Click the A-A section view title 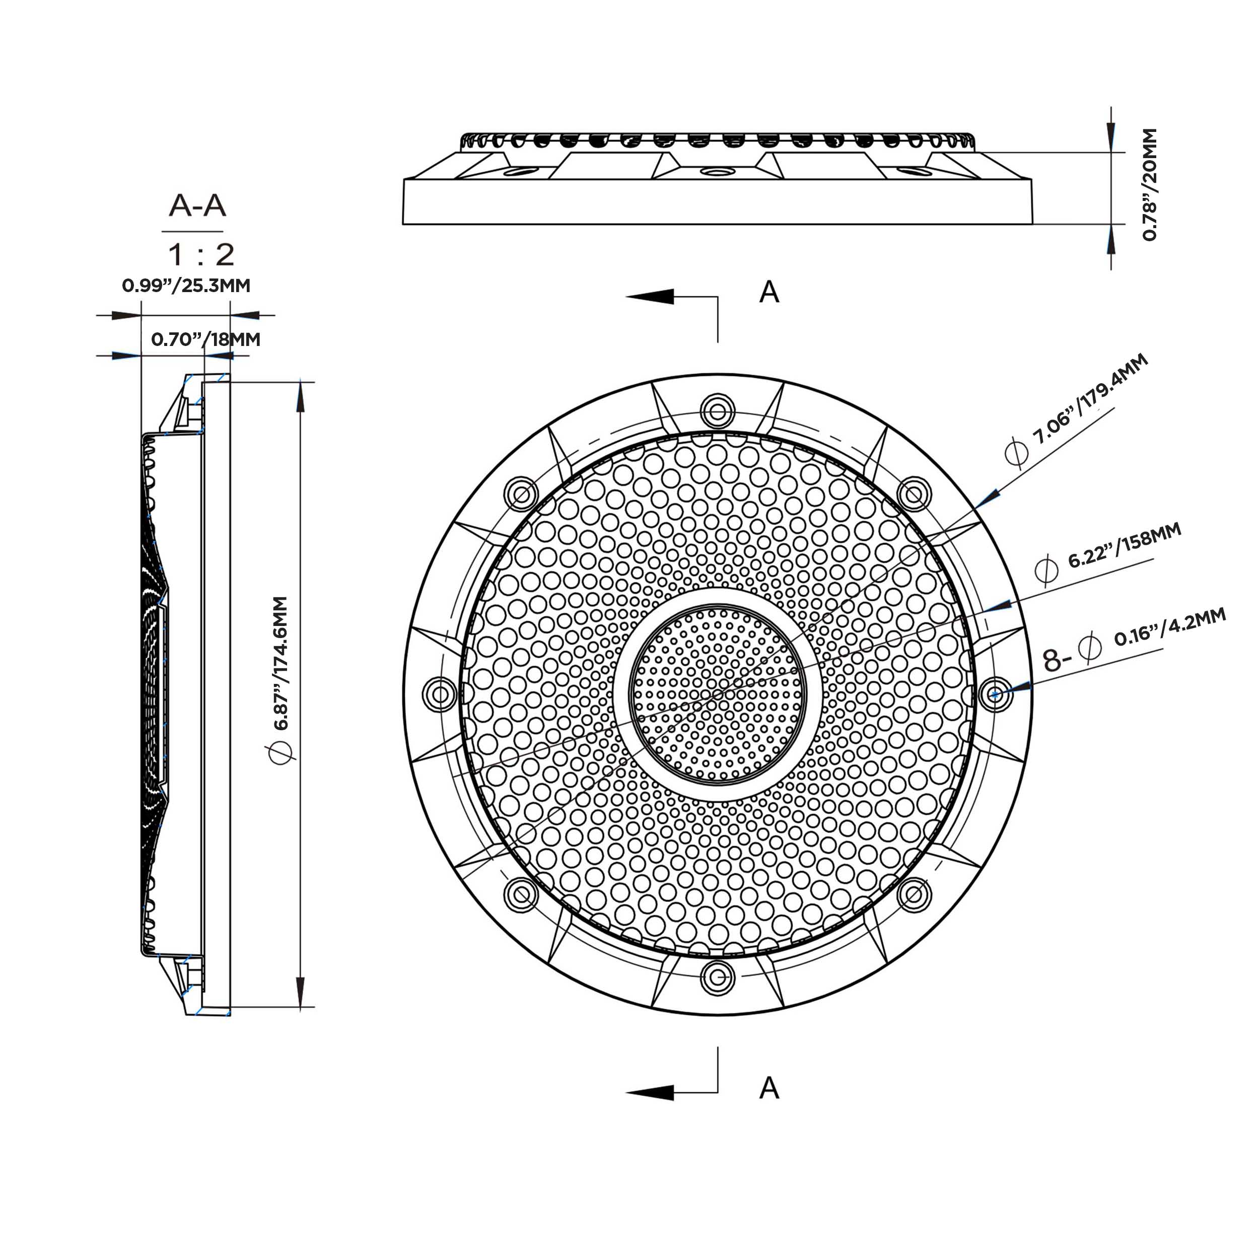(x=197, y=206)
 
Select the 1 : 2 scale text (x=201, y=255)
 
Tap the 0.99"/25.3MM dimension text (x=186, y=286)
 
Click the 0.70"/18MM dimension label (x=206, y=339)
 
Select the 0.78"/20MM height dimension (x=1150, y=184)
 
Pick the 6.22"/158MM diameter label (x=1124, y=545)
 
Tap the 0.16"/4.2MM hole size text (x=1170, y=627)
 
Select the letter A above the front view (x=769, y=293)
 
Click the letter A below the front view (x=769, y=1088)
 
